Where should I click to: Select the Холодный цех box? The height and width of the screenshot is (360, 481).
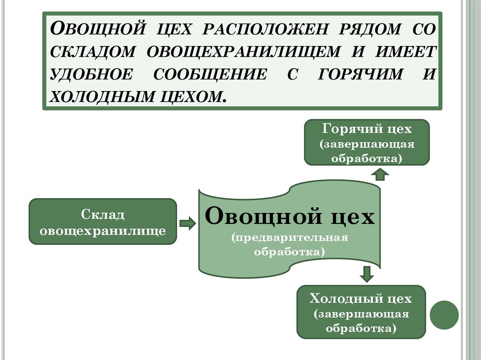pos(361,312)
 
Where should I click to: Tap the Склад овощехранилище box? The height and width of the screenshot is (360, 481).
pos(102,222)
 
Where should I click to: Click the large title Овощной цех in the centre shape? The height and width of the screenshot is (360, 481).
pos(290,217)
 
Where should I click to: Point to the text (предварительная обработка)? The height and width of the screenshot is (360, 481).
pos(289,245)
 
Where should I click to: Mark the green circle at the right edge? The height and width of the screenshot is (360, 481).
pos(444,314)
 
